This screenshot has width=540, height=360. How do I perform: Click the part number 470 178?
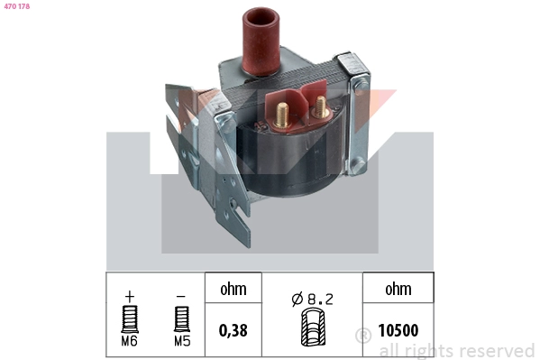17,6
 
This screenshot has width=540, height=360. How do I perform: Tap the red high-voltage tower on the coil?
261,41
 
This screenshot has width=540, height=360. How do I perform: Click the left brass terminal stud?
281,115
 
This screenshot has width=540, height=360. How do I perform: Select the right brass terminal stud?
320,106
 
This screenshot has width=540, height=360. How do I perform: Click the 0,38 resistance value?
233,330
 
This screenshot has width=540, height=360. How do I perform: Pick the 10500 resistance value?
398,330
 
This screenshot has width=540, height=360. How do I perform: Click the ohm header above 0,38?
233,289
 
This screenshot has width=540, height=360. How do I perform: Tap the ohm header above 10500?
398,289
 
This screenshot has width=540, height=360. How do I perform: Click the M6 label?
130,341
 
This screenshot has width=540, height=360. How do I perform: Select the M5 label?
182,341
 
